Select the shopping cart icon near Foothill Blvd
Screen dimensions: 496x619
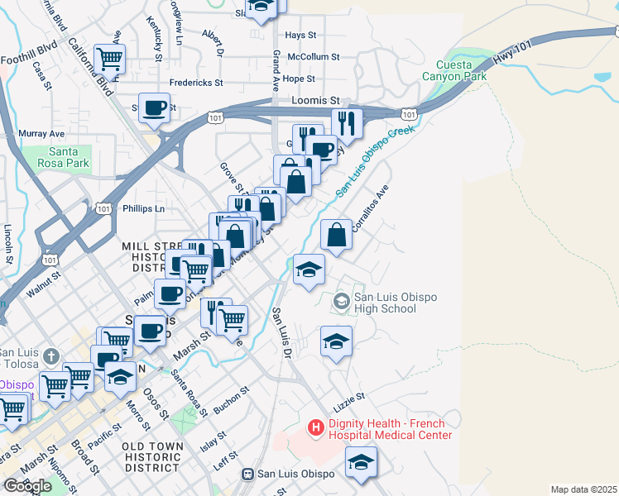click(x=109, y=59)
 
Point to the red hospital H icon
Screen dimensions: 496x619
click(x=315, y=427)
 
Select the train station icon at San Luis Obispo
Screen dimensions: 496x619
click(x=247, y=474)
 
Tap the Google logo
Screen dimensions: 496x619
click(x=27, y=485)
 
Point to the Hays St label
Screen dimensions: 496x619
click(x=300, y=36)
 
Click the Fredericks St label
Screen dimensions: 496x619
click(x=196, y=83)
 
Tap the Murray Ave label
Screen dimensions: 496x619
click(x=41, y=133)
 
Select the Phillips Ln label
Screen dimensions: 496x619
click(x=143, y=209)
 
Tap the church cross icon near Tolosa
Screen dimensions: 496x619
click(x=50, y=357)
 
